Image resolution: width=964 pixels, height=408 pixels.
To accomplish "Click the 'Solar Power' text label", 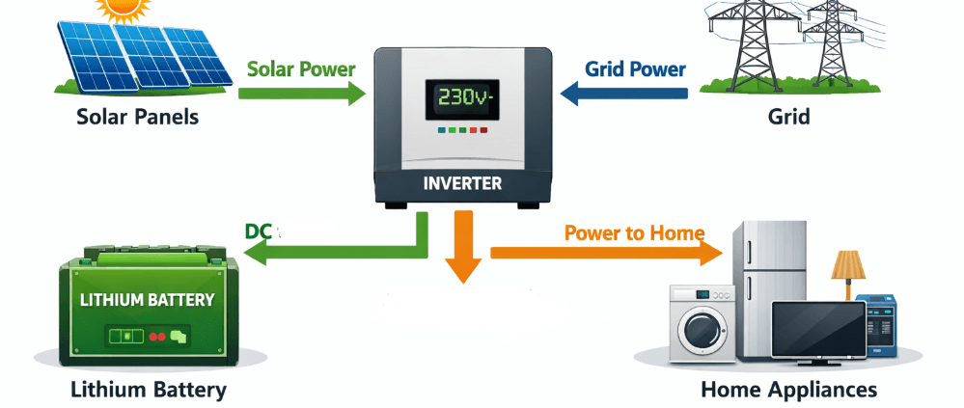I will (x=301, y=69).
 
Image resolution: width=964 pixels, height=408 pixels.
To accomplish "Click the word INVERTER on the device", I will (x=463, y=181).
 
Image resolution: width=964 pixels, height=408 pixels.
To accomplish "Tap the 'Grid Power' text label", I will (x=635, y=69).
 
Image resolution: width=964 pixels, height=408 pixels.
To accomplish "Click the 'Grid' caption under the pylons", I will (x=788, y=118).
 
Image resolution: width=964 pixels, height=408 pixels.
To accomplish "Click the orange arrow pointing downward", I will (x=464, y=251).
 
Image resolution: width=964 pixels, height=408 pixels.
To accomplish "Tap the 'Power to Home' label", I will (x=634, y=232).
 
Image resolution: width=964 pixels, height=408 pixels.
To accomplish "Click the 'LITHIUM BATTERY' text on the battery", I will (x=148, y=300).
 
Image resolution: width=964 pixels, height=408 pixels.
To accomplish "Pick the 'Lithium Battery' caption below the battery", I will (x=148, y=390).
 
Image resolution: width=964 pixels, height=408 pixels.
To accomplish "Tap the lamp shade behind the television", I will (x=847, y=263).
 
